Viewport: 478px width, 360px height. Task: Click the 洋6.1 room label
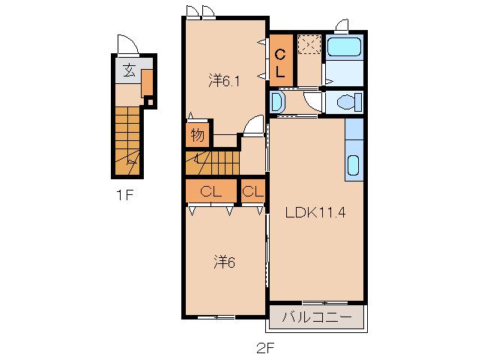(x=224, y=82)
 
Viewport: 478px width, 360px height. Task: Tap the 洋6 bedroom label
(x=224, y=262)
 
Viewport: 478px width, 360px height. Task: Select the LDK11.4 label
(x=315, y=212)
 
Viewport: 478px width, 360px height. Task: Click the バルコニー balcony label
(x=316, y=317)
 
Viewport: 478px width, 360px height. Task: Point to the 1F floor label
(x=125, y=195)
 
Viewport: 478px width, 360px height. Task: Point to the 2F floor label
(x=265, y=348)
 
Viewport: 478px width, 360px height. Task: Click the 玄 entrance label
(x=129, y=70)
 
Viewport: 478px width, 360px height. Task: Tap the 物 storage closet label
(x=197, y=134)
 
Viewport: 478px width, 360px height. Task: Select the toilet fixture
(x=349, y=101)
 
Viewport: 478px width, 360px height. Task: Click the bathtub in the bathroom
(x=344, y=46)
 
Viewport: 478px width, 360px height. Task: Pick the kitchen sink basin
(x=353, y=165)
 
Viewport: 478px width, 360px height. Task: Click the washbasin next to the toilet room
(x=276, y=102)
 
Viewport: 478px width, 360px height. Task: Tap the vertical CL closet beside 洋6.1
(x=280, y=61)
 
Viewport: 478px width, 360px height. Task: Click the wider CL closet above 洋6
(x=211, y=191)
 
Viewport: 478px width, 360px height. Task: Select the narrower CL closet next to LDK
(x=253, y=191)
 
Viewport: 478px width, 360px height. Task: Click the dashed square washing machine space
(x=309, y=44)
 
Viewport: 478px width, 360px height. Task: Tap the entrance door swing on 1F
(x=128, y=44)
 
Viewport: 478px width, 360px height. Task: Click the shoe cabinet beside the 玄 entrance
(x=147, y=82)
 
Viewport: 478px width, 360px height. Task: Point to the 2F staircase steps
(x=213, y=163)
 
